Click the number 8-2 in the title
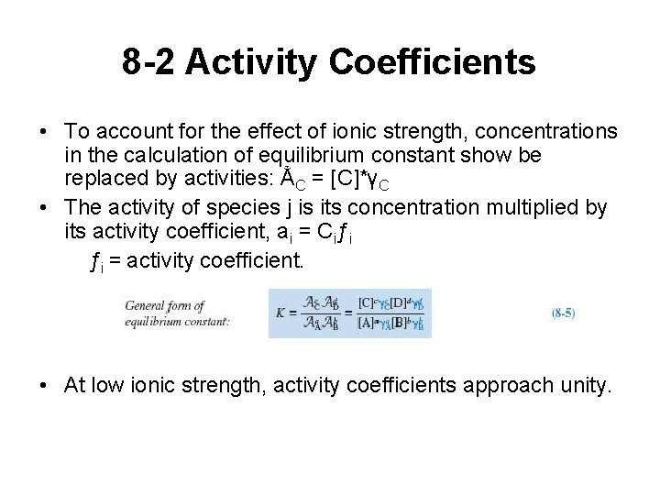point(148,62)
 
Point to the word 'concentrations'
point(541,131)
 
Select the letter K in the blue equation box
point(280,313)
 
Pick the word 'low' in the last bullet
point(107,385)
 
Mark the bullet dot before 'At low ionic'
point(46,385)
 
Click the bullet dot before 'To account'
point(46,131)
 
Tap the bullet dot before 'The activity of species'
point(46,208)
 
